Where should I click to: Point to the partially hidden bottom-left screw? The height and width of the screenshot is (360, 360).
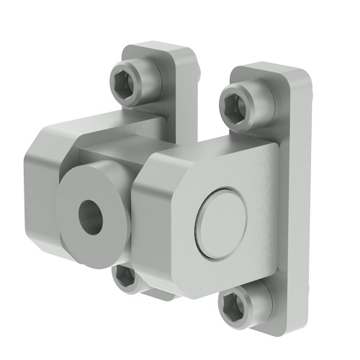click(x=125, y=277)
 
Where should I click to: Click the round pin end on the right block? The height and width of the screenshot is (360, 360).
click(x=222, y=221)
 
